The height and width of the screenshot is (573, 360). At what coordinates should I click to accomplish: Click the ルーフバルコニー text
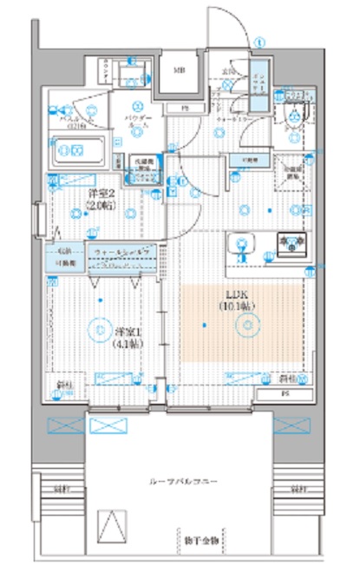pos(182,480)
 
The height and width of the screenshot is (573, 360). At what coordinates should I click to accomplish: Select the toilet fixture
pos(297,113)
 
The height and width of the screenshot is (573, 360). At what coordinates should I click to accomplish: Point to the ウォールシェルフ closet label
pos(123,253)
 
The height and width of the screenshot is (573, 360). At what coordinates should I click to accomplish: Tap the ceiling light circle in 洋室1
pos(102,300)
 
